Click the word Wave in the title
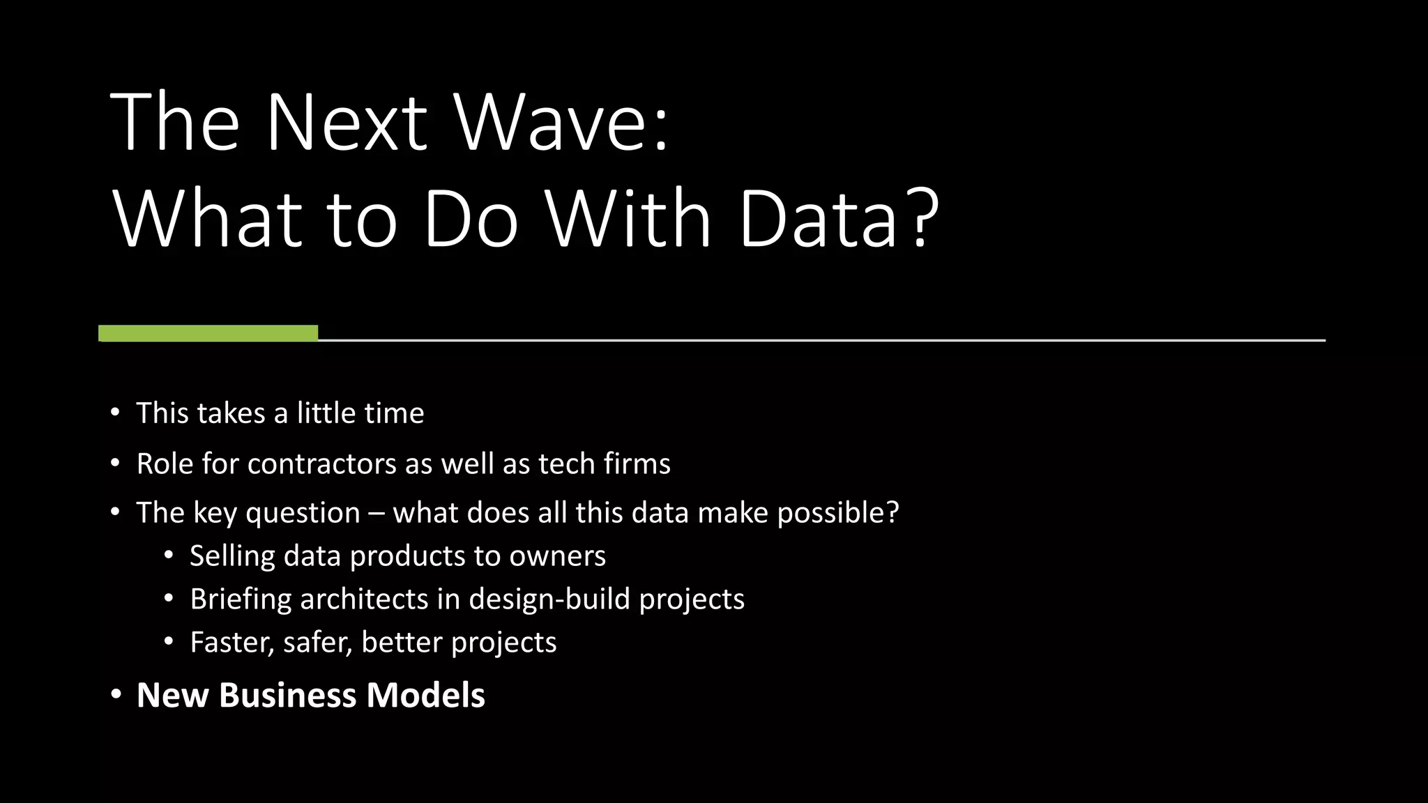point(561,123)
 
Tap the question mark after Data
point(922,217)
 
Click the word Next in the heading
point(346,123)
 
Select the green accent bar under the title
point(208,333)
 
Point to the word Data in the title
point(818,219)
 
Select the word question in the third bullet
point(303,514)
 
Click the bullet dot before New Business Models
point(116,695)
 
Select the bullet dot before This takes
point(115,412)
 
